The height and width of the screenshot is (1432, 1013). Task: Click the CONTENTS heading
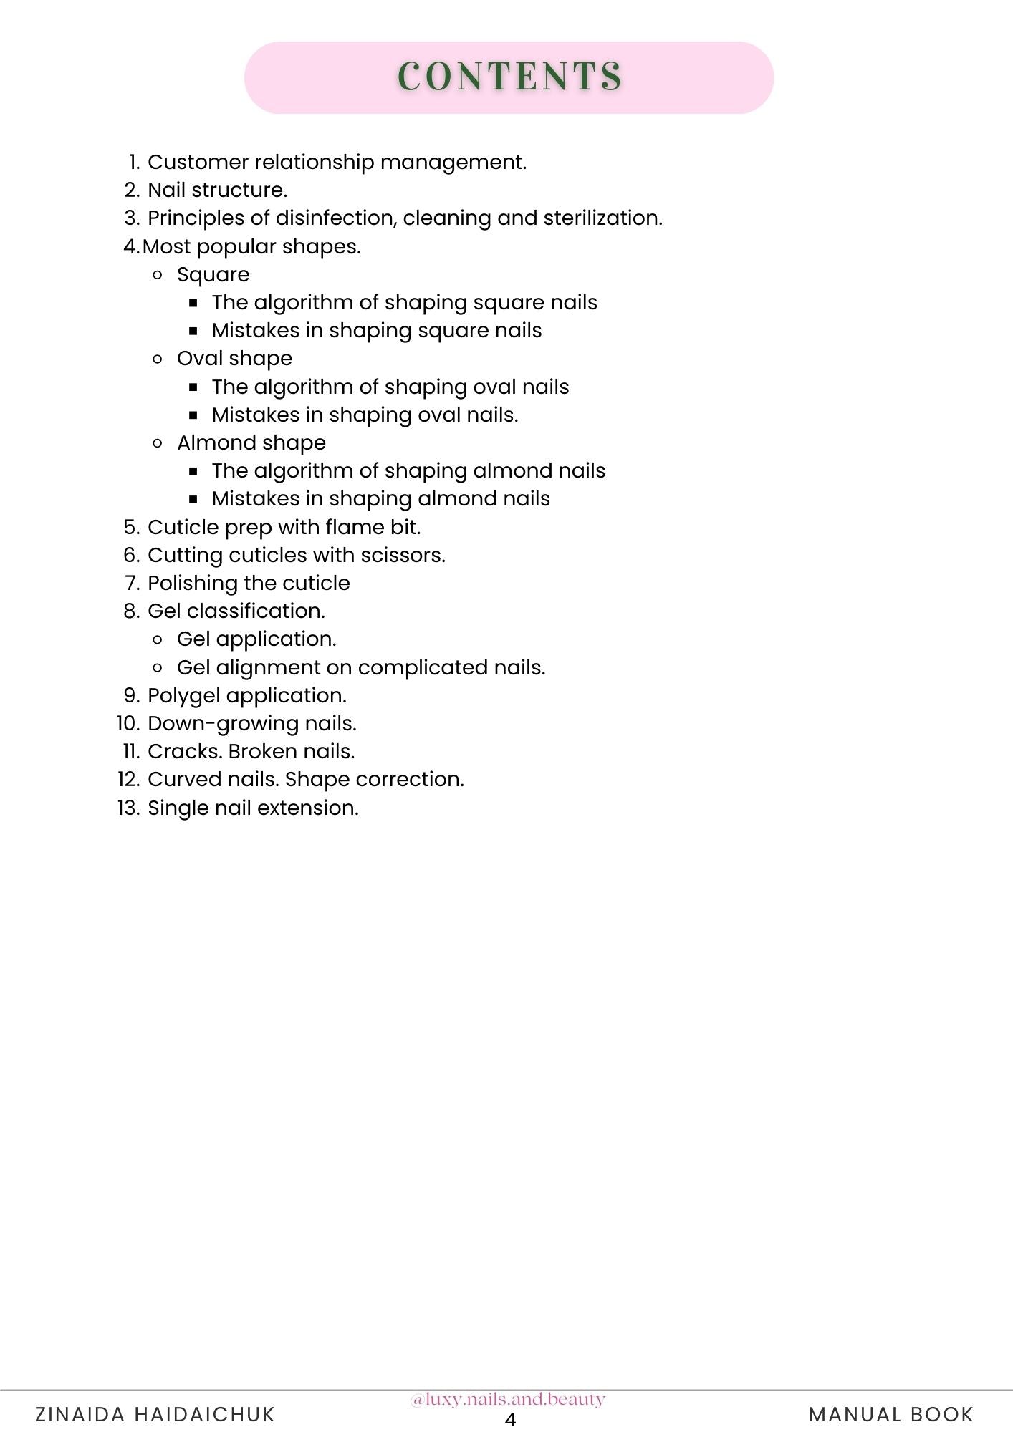[509, 77]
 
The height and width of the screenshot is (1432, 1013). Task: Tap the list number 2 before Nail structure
[131, 190]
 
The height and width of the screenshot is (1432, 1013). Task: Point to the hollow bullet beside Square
[158, 274]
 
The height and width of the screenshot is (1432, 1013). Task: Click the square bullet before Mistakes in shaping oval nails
[193, 415]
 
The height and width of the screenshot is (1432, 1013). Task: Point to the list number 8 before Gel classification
[131, 611]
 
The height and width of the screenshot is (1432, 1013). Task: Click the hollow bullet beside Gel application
[158, 639]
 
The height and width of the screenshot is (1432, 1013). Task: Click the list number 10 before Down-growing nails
[128, 724]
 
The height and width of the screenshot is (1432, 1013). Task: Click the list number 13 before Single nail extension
[128, 808]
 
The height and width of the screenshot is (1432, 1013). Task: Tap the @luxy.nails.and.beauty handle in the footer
[508, 1399]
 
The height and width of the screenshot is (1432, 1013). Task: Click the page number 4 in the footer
[510, 1420]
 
